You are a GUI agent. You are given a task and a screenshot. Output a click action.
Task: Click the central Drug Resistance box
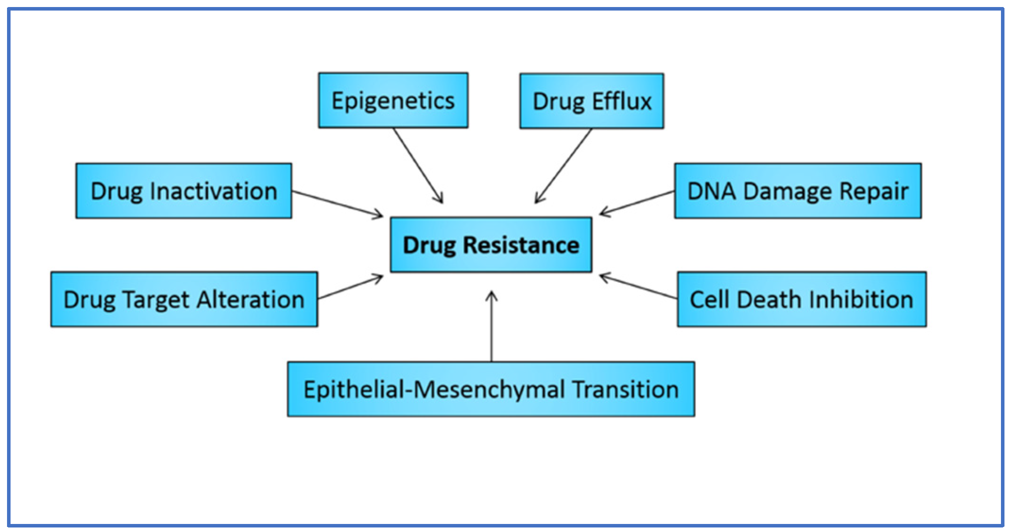491,245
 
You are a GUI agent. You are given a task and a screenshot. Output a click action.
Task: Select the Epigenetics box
393,100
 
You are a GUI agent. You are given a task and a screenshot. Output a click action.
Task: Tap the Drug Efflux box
592,101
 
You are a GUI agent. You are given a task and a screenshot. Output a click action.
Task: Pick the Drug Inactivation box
184,191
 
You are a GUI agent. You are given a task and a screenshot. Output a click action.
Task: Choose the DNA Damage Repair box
798,191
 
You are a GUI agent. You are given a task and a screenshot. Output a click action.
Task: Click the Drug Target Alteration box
184,299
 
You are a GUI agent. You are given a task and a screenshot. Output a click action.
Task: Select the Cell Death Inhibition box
802,299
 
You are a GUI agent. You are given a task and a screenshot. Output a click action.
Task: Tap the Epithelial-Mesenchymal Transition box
491,389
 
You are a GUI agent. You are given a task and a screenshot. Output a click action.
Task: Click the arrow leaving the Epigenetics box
418,165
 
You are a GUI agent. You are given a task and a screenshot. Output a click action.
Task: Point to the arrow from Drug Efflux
564,166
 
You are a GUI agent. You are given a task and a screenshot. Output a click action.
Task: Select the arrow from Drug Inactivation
338,204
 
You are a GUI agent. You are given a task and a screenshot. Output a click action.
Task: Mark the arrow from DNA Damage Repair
637,203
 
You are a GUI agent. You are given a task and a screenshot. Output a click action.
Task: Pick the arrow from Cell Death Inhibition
638,286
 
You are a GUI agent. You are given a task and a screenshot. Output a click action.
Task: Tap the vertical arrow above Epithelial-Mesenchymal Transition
492,327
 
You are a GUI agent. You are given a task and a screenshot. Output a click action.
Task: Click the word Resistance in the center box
521,245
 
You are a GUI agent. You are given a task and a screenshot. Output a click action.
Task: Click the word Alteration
250,299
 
